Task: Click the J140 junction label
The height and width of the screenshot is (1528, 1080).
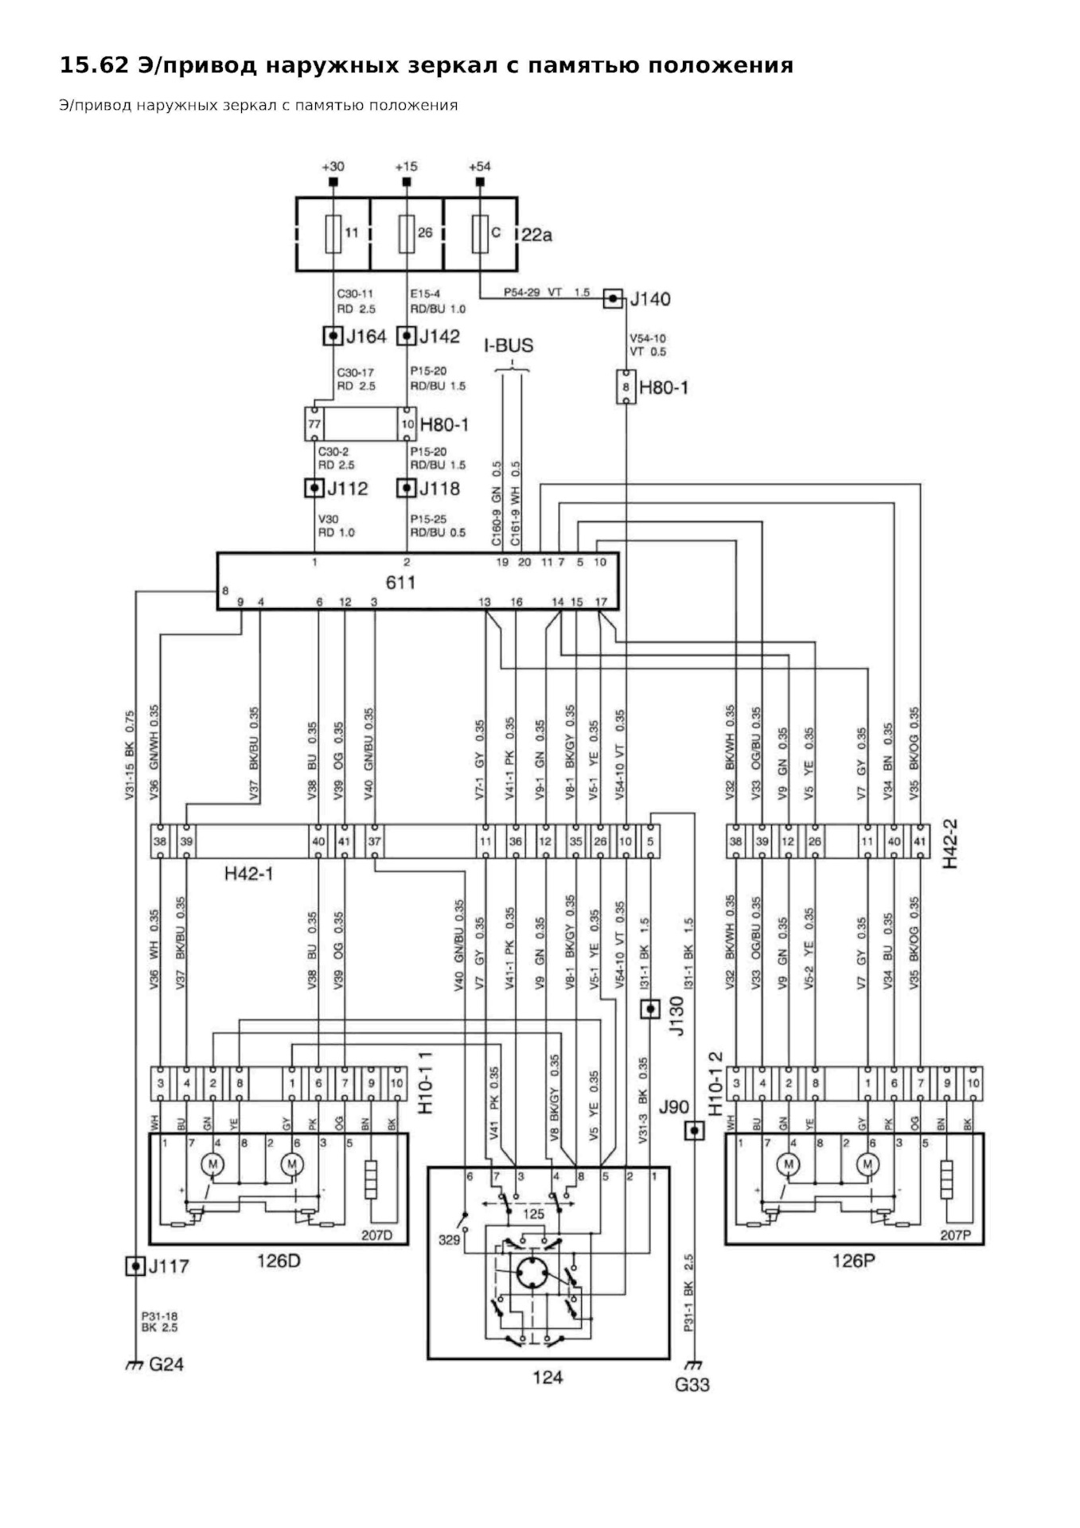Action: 650,299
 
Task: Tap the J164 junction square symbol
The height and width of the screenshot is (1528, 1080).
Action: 333,336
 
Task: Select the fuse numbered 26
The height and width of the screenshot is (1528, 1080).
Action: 407,233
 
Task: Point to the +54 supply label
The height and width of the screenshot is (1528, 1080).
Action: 479,166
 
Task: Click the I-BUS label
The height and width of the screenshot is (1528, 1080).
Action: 509,346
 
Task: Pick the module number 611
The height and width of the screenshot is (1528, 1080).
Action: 400,583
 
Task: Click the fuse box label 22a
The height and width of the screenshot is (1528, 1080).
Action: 537,235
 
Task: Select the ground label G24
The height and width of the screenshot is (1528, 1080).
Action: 166,1364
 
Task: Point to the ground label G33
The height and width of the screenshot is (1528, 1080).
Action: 692,1385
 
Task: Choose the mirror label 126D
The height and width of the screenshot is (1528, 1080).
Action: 278,1261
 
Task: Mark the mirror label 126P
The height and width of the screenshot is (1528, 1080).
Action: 853,1261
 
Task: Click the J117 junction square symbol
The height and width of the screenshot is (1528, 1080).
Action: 136,1265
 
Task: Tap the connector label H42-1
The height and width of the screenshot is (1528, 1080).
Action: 248,874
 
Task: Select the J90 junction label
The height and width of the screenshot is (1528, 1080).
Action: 673,1107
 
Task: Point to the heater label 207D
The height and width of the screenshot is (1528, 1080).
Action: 376,1236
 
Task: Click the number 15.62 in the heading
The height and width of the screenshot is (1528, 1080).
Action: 94,65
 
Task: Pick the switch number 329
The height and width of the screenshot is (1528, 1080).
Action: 449,1240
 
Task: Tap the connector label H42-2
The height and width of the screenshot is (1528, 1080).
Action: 950,844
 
